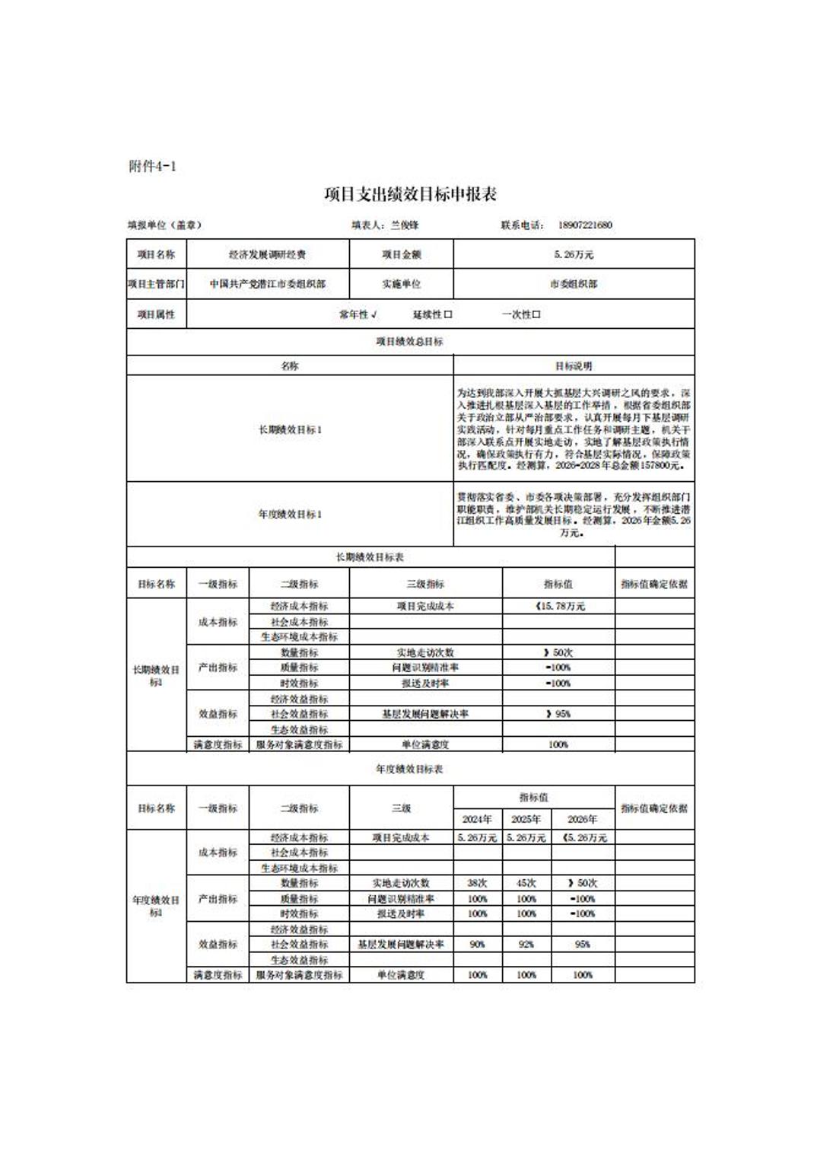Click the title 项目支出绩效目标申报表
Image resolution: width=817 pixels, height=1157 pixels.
(410, 195)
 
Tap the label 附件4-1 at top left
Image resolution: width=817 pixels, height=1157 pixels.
(153, 166)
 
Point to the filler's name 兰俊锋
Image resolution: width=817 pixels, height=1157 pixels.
(405, 225)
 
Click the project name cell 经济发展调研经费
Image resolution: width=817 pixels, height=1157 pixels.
(268, 254)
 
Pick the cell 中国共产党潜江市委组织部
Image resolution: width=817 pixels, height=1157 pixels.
(268, 284)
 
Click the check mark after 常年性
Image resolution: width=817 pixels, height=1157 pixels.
(374, 314)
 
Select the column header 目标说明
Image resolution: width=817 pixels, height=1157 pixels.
(574, 366)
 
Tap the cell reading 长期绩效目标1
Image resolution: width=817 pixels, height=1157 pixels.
(290, 429)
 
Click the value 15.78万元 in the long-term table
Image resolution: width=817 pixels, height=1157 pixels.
(561, 607)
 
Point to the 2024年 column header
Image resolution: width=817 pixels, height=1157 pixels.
(477, 819)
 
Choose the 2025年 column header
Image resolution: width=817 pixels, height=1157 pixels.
(526, 819)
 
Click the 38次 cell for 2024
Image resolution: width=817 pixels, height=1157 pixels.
(477, 883)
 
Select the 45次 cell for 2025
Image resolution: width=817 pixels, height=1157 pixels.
(526, 883)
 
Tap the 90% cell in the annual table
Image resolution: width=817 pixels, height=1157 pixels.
(477, 944)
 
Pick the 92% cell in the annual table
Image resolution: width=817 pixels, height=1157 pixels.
(526, 944)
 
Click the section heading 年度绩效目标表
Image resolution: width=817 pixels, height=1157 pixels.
(409, 769)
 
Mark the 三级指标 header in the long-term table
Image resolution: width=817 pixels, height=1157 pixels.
(425, 584)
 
